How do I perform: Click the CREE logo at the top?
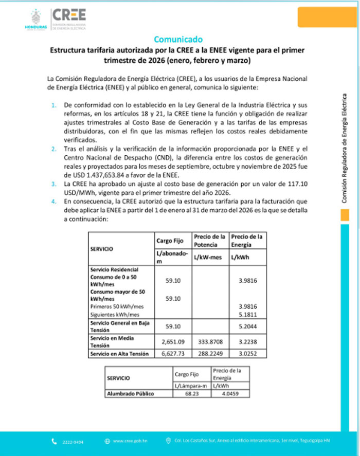(69, 14)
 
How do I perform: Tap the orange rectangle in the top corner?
(328, 17)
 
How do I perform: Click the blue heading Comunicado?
(178, 40)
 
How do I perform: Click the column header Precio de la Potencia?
(209, 240)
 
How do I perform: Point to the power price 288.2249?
(209, 354)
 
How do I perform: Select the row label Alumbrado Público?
(130, 394)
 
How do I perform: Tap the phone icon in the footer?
(55, 441)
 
